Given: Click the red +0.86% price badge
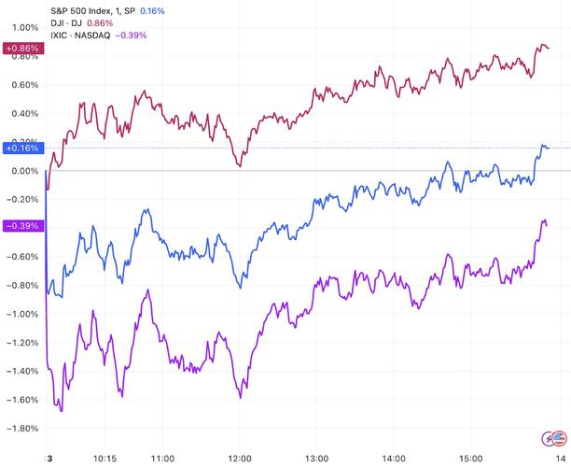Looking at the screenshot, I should pyautogui.click(x=21, y=47).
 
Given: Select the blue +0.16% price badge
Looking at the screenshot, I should pyautogui.click(x=21, y=148).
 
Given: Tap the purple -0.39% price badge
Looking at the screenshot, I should pyautogui.click(x=21, y=226).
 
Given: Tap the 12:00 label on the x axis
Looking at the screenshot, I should pyautogui.click(x=241, y=459).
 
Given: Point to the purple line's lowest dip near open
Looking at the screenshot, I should pyautogui.click(x=61, y=410).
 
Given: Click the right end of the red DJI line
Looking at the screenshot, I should pyautogui.click(x=549, y=48).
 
